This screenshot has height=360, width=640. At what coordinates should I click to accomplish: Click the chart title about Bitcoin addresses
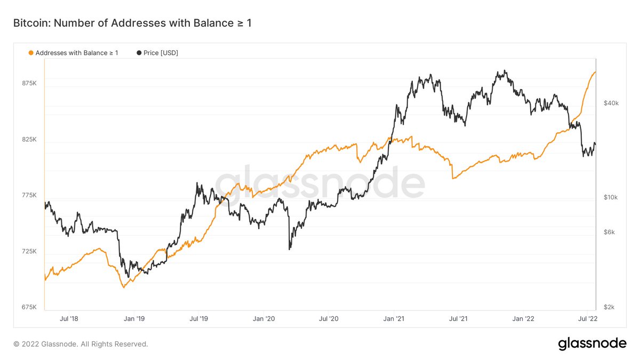pos(132,23)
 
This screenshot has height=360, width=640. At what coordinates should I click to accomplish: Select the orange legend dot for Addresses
pos(30,53)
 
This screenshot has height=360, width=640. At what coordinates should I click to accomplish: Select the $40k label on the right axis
pos(611,103)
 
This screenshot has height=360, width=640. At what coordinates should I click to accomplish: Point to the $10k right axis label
pos(611,197)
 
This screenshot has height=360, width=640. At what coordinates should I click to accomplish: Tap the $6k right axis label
pos(610,233)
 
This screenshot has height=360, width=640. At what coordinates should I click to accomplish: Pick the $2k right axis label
pos(610,307)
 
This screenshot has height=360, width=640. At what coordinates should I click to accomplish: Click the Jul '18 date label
pos(69,318)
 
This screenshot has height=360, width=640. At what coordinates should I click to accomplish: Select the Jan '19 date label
pos(134,318)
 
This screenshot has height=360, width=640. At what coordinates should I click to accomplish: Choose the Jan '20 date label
pos(263,318)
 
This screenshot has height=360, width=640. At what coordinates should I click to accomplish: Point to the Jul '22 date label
pos(588,318)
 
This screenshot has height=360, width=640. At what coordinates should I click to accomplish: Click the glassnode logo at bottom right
pos(592,344)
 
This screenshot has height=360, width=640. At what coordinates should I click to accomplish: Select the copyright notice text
pos(81,344)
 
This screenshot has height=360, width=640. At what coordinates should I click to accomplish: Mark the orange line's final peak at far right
pos(595,72)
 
